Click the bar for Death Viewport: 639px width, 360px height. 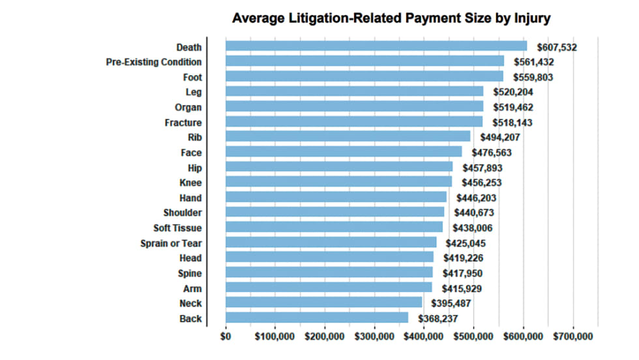(376, 46)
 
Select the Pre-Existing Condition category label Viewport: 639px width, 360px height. (154, 62)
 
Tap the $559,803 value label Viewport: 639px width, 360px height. (531, 77)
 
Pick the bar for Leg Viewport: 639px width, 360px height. (354, 91)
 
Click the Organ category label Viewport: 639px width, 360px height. (188, 108)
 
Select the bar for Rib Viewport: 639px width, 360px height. (348, 136)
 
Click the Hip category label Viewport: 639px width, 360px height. (194, 168)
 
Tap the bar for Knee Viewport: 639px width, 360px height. (338, 181)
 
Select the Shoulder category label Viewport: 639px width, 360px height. (183, 213)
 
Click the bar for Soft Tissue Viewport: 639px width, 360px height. (334, 227)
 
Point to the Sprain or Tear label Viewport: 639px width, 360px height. (171, 243)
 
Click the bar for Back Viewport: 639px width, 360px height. (317, 318)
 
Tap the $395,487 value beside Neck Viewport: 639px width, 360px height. (451, 303)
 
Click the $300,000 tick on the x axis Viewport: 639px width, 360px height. (375, 337)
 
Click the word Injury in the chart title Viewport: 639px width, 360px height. (528, 18)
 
